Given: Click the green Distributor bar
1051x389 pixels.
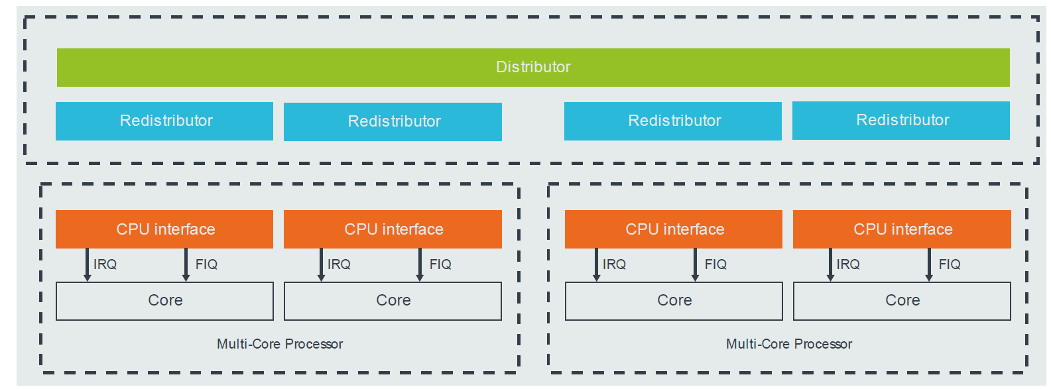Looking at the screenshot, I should [533, 67].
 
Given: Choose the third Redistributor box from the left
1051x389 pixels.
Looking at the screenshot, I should [673, 121].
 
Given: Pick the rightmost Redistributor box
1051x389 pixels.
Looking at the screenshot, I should [901, 120].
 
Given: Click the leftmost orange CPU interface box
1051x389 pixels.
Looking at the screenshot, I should [164, 229].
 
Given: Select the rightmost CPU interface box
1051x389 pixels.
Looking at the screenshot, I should [902, 229].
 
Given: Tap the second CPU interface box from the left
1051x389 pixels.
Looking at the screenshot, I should [393, 229].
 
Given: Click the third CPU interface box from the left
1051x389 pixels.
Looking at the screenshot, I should [674, 229].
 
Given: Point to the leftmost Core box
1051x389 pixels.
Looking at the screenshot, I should [164, 301].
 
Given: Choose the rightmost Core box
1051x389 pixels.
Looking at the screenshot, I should [902, 301].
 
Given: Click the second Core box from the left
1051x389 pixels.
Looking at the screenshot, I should [393, 301].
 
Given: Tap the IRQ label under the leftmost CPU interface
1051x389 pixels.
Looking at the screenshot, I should [105, 264].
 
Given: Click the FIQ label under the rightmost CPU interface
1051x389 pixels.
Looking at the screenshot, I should [950, 264].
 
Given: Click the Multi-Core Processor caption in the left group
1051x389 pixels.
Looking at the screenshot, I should [280, 344].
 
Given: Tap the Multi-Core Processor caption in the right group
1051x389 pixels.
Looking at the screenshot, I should [789, 344].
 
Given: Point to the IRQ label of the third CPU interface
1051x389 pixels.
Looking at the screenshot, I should [614, 264].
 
